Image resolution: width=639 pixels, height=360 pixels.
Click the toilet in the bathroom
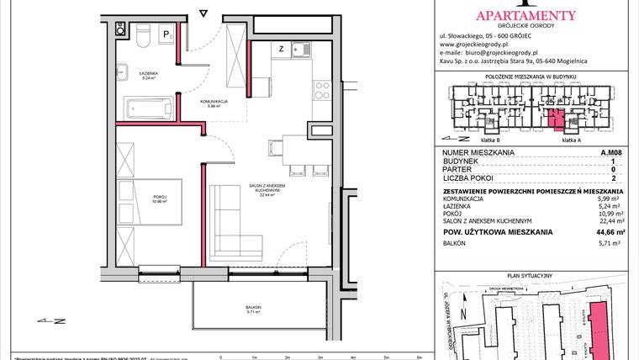[142, 35]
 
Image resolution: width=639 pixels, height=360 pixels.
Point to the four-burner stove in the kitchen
[323, 87]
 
